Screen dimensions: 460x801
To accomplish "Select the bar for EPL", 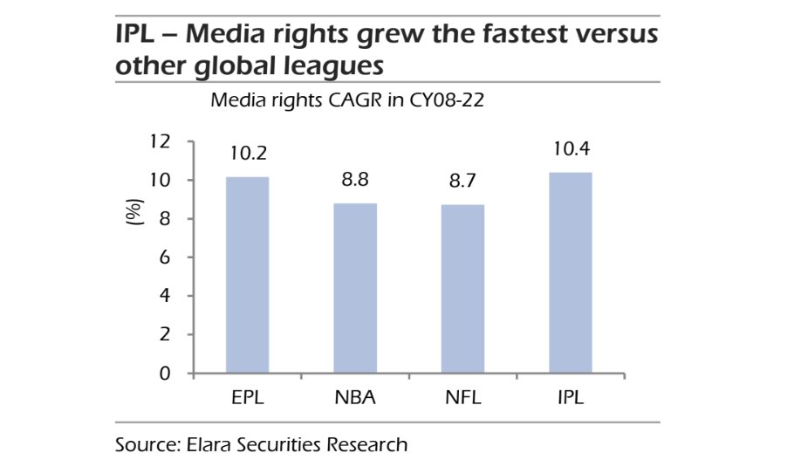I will coord(248,275).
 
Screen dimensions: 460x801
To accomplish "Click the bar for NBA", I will coord(355,288).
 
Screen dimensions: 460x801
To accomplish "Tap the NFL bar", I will coord(462,289).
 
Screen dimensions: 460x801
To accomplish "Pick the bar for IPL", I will coord(571,272).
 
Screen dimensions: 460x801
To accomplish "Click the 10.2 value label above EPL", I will coord(248,154).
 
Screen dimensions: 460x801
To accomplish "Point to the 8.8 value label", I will coord(355,182).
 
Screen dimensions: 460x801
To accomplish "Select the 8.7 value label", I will coord(462,183).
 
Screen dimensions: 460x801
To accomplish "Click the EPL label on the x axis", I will coord(248,398).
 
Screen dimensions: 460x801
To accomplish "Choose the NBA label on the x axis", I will coord(355,398).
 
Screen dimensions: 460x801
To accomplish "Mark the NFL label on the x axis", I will coord(462,398).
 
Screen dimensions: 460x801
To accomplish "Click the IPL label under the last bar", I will coord(571,398).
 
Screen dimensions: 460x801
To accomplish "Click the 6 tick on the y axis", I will coord(163,257).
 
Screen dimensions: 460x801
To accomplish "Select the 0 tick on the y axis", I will coord(163,374).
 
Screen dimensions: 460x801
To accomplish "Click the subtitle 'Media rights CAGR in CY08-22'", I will coord(347,100).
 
